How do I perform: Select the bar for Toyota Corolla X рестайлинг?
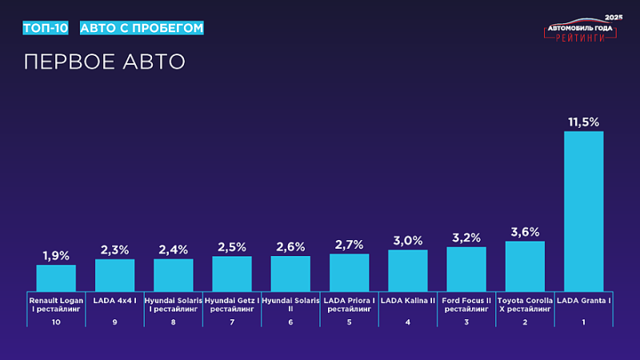pos(525,266)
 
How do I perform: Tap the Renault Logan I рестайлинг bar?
pos(56,278)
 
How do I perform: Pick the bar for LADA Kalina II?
pos(408,270)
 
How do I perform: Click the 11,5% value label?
pos(583,122)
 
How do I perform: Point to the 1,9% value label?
pos(56,255)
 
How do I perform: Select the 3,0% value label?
pos(408,240)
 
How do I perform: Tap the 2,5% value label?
pos(232,246)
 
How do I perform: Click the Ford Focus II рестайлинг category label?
pos(466,304)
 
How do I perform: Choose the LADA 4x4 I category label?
pos(114,300)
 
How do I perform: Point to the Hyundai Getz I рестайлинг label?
pos(232,304)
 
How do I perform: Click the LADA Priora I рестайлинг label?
pos(349,304)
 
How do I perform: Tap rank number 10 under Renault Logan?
pos(56,322)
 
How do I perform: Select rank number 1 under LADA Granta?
pos(583,322)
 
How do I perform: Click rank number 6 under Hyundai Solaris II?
pos(290,322)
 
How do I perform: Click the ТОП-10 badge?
pos(45,28)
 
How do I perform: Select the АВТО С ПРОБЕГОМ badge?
pos(142,28)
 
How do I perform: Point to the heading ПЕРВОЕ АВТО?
pos(104,62)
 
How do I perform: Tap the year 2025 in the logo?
pos(613,17)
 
